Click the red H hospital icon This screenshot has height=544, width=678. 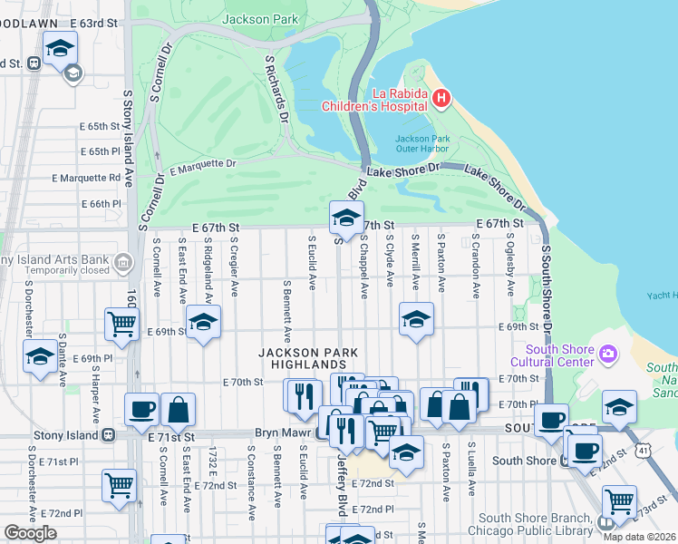pos(441,98)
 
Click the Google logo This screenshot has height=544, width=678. pos(30,533)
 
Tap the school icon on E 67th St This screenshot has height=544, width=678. pos(344,218)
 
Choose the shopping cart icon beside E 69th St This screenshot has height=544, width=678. pos(121,323)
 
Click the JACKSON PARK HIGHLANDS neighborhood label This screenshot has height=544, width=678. pos(307,358)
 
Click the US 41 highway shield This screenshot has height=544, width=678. pos(643,450)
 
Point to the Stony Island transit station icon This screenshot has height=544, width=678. pos(108,434)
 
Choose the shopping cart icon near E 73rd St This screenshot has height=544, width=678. pos(619,500)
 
